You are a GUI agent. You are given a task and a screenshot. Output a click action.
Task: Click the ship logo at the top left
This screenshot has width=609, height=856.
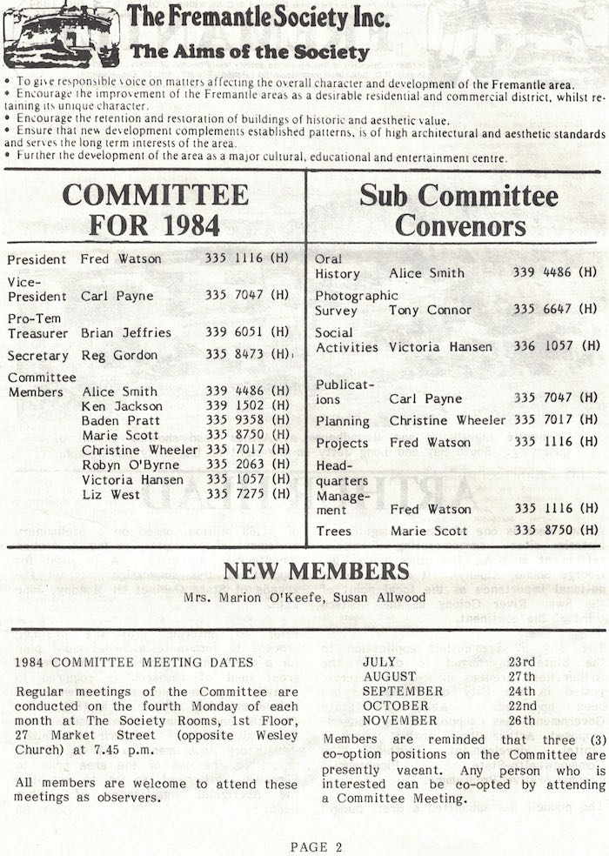coord(61,36)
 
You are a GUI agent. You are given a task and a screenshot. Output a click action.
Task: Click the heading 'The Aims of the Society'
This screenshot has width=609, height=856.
coord(250,52)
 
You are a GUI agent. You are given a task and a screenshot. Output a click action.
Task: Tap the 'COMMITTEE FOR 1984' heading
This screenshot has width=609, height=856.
coord(154,209)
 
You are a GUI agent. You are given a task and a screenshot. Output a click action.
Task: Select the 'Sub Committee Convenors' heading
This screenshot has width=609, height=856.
coord(459,209)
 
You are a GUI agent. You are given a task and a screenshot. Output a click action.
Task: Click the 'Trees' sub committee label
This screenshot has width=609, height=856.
coord(334,531)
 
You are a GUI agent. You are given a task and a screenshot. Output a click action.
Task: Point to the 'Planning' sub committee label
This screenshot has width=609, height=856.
coord(343,420)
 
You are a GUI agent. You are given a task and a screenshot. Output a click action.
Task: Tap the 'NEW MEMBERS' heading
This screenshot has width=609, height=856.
coord(316,571)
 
